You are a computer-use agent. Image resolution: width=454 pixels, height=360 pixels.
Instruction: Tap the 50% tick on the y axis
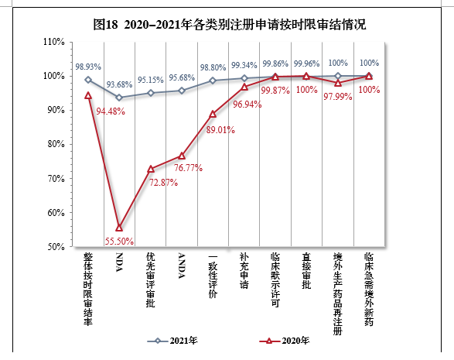pyautogui.click(x=56, y=247)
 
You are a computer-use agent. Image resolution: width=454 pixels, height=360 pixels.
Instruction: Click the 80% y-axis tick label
pyautogui.click(x=56, y=144)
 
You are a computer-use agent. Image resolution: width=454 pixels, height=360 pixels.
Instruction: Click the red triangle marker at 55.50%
pyautogui.click(x=119, y=228)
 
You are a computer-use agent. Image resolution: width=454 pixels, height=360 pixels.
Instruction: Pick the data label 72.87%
pyautogui.click(x=162, y=183)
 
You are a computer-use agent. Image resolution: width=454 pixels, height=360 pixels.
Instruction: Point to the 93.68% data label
pyautogui.click(x=120, y=84)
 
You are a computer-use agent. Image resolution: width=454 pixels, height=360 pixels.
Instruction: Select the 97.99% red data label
pyautogui.click(x=338, y=96)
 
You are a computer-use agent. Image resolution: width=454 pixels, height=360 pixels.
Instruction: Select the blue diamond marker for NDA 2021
pyautogui.click(x=119, y=98)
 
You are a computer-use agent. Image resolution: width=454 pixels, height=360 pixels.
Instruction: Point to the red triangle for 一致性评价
pyautogui.click(x=213, y=114)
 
